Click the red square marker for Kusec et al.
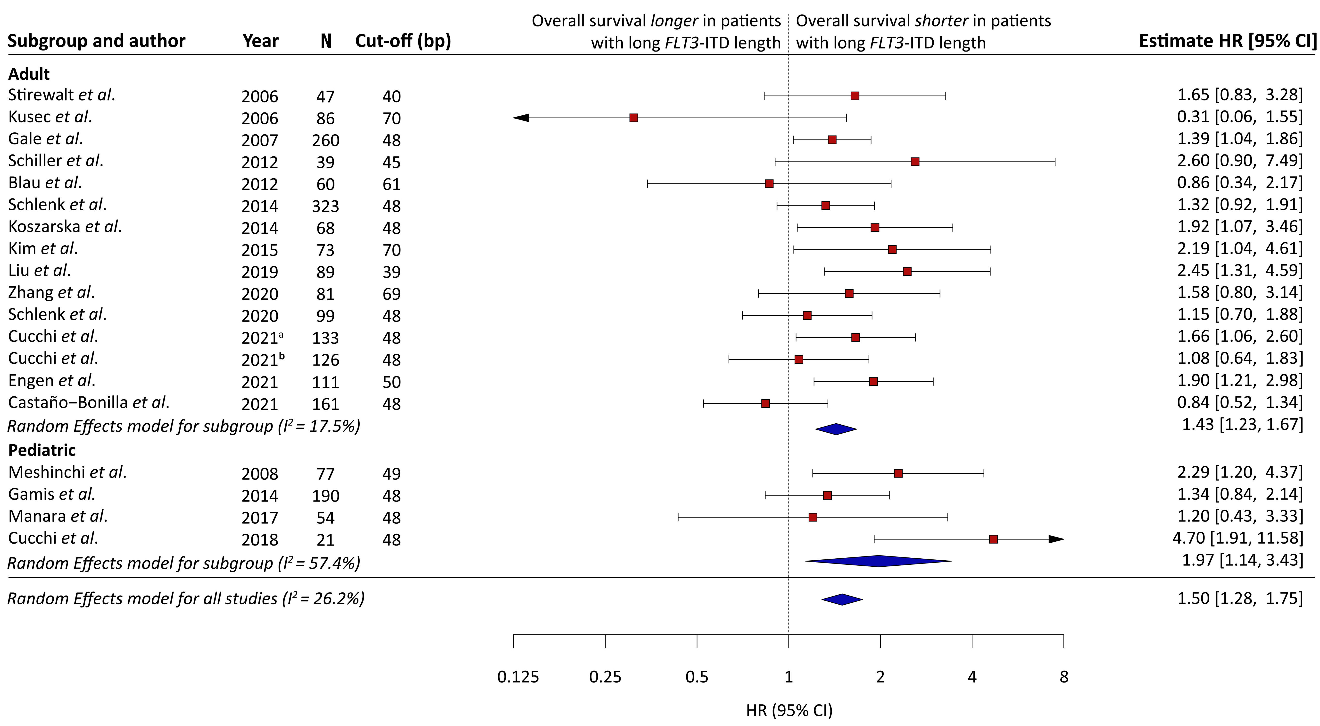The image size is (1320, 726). pos(634,118)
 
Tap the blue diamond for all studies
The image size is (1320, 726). pos(842,599)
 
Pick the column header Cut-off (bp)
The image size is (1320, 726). pos(403,41)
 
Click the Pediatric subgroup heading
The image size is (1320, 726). pos(42,450)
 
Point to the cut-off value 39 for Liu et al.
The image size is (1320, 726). pos(391,272)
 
